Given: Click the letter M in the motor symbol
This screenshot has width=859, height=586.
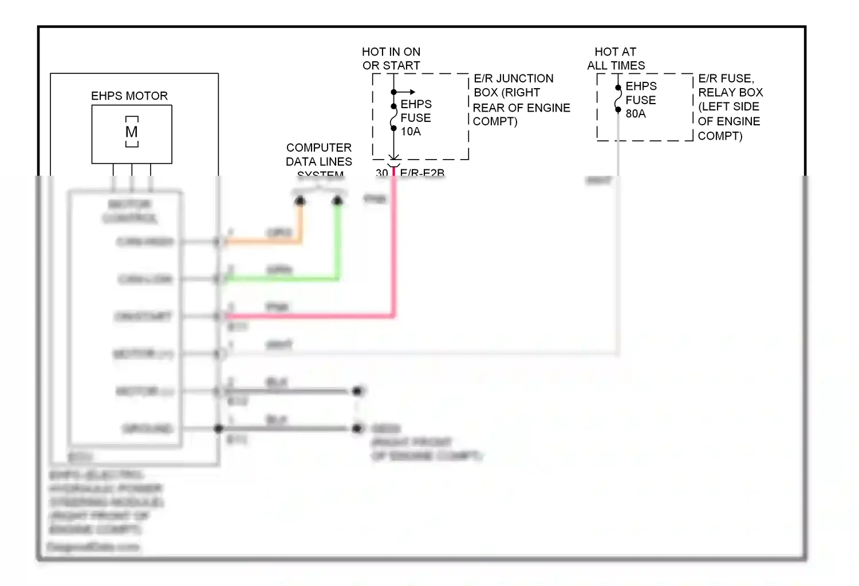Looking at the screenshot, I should coord(132,132).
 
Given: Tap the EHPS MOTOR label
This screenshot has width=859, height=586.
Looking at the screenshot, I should coord(129,96).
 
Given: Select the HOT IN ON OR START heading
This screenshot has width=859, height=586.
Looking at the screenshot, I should coord(391,59).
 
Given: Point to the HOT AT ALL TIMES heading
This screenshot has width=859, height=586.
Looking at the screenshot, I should coord(616,59).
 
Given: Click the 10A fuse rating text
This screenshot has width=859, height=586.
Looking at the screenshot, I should coord(411,132).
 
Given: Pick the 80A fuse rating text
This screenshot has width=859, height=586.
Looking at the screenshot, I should coord(636,114).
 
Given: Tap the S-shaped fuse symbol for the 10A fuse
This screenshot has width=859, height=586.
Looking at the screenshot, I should coord(393,118).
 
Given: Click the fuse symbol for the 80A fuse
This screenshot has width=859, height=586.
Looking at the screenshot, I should coord(618,99).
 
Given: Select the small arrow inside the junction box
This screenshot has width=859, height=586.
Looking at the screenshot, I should coord(408,92).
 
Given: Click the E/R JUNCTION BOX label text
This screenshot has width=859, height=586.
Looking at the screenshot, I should coord(513,85).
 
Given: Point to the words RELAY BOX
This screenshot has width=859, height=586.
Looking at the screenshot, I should coord(731,92).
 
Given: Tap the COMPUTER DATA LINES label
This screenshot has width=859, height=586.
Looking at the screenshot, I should coord(319,155).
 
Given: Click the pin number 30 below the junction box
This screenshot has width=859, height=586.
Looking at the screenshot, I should coord(381,172).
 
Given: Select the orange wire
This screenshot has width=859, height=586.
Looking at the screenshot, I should coord(263,242).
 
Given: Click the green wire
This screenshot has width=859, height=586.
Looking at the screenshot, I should coord(281,279).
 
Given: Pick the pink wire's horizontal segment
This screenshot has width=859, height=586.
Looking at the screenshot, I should coord(309,315).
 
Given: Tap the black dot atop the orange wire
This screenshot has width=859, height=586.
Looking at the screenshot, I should coord(300,201).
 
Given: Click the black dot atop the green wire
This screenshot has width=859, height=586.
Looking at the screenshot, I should coord(338,201).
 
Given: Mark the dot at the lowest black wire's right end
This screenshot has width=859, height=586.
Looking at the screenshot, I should coord(358,428).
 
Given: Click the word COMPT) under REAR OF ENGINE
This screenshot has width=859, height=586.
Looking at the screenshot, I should coord(495,122).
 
